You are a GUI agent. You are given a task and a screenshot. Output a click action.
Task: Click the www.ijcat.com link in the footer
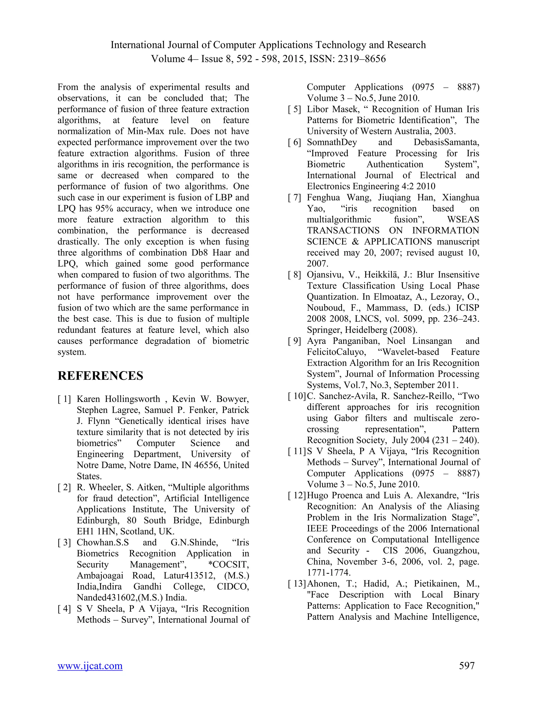90,666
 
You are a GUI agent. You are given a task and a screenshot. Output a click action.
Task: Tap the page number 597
466,666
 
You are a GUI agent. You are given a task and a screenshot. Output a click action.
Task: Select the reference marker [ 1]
64,399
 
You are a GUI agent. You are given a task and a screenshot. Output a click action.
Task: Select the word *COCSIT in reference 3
228,565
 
